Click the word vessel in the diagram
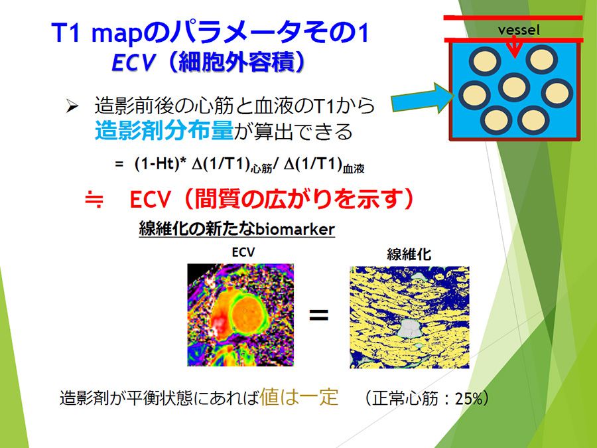click(519, 30)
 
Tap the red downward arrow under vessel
click(514, 48)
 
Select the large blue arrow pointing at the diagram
click(422, 98)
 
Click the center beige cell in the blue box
click(514, 87)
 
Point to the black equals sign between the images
click(318, 315)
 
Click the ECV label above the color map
click(243, 252)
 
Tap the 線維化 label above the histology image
click(409, 254)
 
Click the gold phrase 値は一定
click(299, 397)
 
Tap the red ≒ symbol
click(94, 199)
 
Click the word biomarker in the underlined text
click(295, 229)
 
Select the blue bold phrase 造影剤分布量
click(164, 131)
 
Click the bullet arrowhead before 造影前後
click(72, 106)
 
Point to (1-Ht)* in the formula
click(161, 164)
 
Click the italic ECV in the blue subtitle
click(133, 62)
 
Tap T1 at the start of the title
click(66, 33)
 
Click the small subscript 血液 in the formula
click(354, 169)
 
